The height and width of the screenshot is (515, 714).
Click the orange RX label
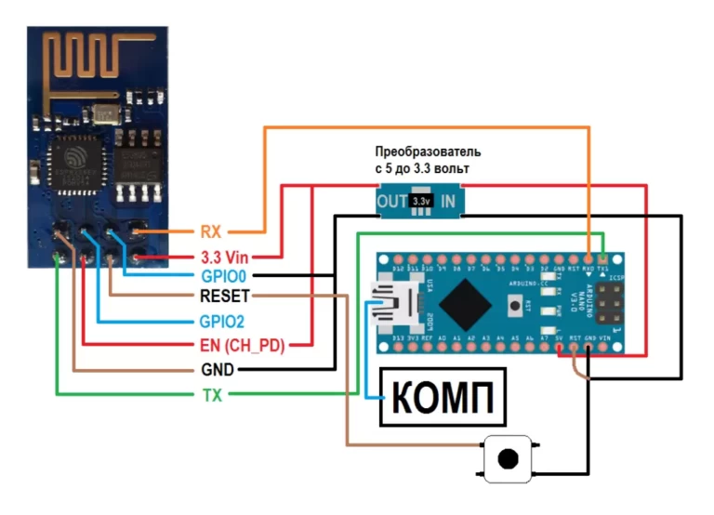(x=210, y=230)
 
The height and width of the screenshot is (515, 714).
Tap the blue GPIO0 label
(x=223, y=276)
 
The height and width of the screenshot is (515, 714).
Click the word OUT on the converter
(x=390, y=201)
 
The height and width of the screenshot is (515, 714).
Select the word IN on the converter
(x=447, y=201)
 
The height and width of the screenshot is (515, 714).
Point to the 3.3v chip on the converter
(x=420, y=201)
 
